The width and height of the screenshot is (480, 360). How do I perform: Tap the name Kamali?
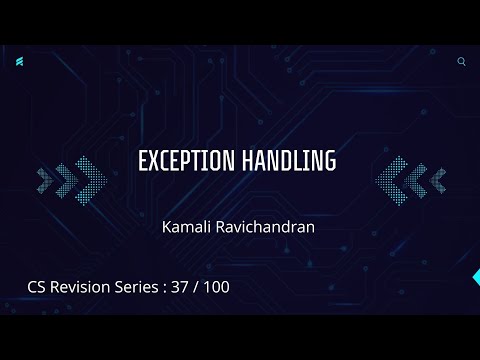[185, 227]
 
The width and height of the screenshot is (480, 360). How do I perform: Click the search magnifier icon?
[461, 61]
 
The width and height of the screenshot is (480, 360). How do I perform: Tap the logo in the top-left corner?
[20, 62]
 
